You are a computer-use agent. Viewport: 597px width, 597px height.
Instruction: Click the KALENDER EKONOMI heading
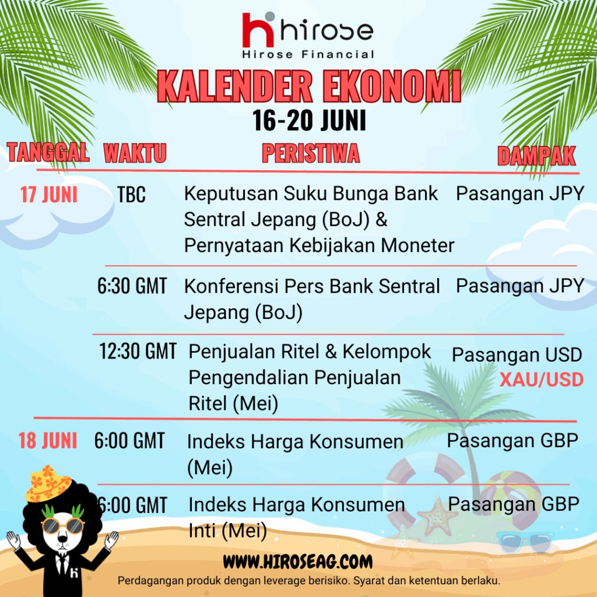[309, 87]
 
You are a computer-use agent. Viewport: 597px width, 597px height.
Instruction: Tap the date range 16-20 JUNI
[309, 120]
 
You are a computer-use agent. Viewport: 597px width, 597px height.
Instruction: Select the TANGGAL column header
[48, 152]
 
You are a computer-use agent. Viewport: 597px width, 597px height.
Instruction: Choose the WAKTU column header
[135, 153]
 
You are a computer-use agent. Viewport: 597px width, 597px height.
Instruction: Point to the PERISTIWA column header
[311, 153]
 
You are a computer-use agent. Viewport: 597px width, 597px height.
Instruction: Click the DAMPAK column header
[536, 156]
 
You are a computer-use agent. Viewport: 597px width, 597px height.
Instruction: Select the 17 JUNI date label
[49, 195]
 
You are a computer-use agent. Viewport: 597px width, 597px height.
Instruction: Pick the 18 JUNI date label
[48, 441]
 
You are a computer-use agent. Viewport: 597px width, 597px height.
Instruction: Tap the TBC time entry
[131, 195]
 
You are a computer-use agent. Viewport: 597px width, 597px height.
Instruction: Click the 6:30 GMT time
[132, 286]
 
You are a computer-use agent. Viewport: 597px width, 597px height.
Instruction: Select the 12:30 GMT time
[138, 351]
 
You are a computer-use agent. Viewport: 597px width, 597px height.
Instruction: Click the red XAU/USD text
[542, 380]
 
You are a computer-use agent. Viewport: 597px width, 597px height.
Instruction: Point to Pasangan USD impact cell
[517, 355]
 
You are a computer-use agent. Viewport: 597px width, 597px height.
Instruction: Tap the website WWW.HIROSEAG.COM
[298, 561]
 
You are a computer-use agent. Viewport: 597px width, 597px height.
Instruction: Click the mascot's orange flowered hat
[48, 483]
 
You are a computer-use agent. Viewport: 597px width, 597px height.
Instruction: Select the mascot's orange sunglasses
[63, 526]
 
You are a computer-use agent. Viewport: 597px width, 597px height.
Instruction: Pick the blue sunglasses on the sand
[525, 542]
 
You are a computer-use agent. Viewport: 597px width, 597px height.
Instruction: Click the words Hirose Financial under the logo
[308, 54]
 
